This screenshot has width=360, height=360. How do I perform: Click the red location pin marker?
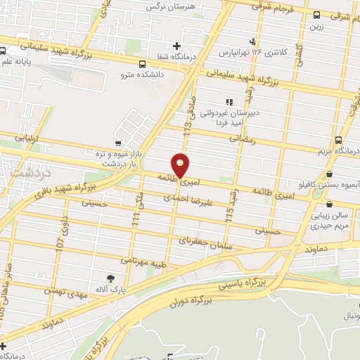[x=181, y=166]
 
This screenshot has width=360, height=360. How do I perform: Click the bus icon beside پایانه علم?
[x=4, y=51]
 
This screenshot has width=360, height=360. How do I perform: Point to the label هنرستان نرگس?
[x=169, y=6]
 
